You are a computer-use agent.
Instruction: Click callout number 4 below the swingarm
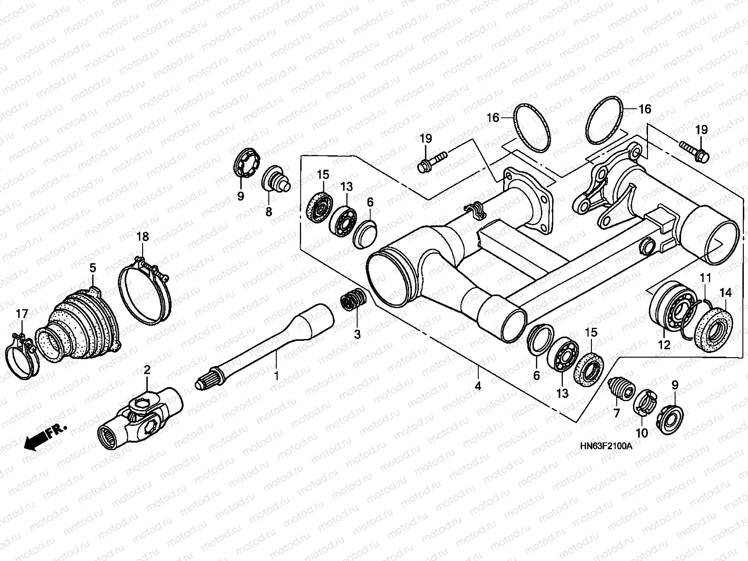[x=478, y=387]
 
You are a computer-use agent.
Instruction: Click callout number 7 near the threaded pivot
[x=616, y=413]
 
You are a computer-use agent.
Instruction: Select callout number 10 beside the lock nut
[x=642, y=433]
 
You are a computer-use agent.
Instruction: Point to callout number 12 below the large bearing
[x=664, y=345]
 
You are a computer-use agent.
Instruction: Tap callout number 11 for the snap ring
[x=705, y=278]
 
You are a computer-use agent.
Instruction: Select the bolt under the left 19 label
[x=432, y=161]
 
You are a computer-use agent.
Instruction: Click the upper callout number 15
[x=323, y=174]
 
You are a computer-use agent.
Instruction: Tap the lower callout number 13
[x=562, y=393]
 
